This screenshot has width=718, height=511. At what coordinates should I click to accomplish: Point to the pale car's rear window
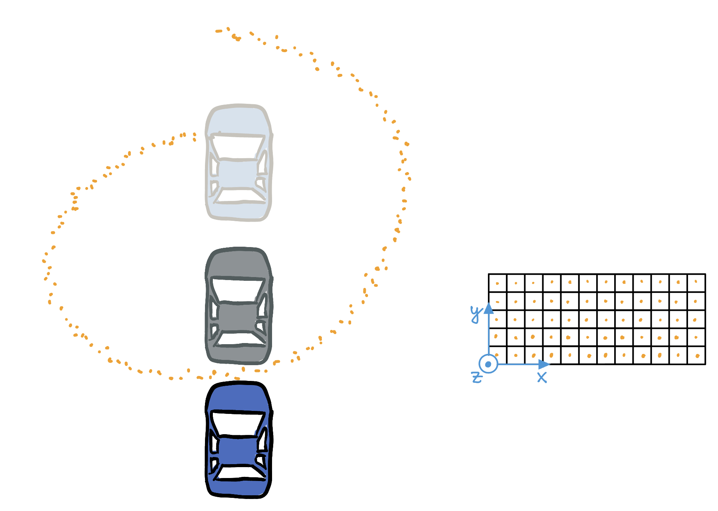[240, 196]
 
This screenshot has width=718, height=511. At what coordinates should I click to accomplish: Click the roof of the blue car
[238, 450]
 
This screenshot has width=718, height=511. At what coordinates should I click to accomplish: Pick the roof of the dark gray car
[238, 317]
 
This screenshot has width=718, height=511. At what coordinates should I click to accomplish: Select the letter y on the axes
[476, 313]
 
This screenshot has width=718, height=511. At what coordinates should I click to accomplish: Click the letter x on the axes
[542, 377]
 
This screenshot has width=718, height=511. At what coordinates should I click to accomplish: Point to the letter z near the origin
[477, 377]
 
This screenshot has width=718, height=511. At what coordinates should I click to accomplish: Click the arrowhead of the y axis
[489, 308]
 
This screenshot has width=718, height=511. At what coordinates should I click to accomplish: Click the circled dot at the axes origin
[488, 364]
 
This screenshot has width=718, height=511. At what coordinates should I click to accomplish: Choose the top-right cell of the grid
[696, 283]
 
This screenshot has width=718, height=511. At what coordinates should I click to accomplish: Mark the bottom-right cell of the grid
[696, 355]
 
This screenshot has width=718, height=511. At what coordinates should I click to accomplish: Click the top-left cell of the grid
[498, 283]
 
